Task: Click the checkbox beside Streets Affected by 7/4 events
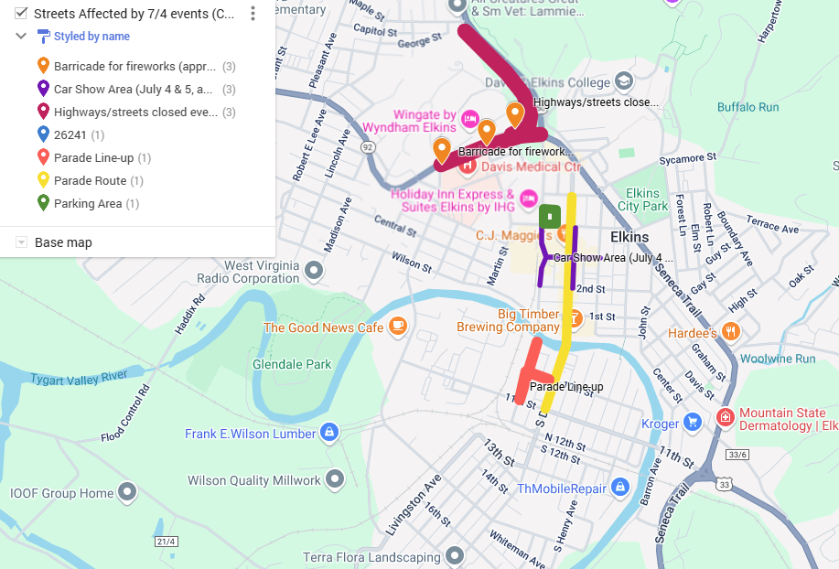tap(20, 14)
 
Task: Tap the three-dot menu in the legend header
tap(253, 14)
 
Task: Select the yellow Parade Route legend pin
tap(43, 180)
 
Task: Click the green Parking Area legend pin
tap(43, 203)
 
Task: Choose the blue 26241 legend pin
tap(43, 134)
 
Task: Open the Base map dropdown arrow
tap(21, 242)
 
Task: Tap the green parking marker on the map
tap(550, 217)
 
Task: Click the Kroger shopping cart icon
tap(693, 423)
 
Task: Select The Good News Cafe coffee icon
tap(397, 327)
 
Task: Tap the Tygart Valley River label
tap(79, 377)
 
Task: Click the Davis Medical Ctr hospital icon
tap(468, 166)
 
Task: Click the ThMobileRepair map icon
tap(620, 488)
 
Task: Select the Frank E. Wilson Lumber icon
tap(329, 433)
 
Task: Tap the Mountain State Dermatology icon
tap(726, 418)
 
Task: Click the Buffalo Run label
tap(748, 107)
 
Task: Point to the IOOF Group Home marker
tap(128, 493)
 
